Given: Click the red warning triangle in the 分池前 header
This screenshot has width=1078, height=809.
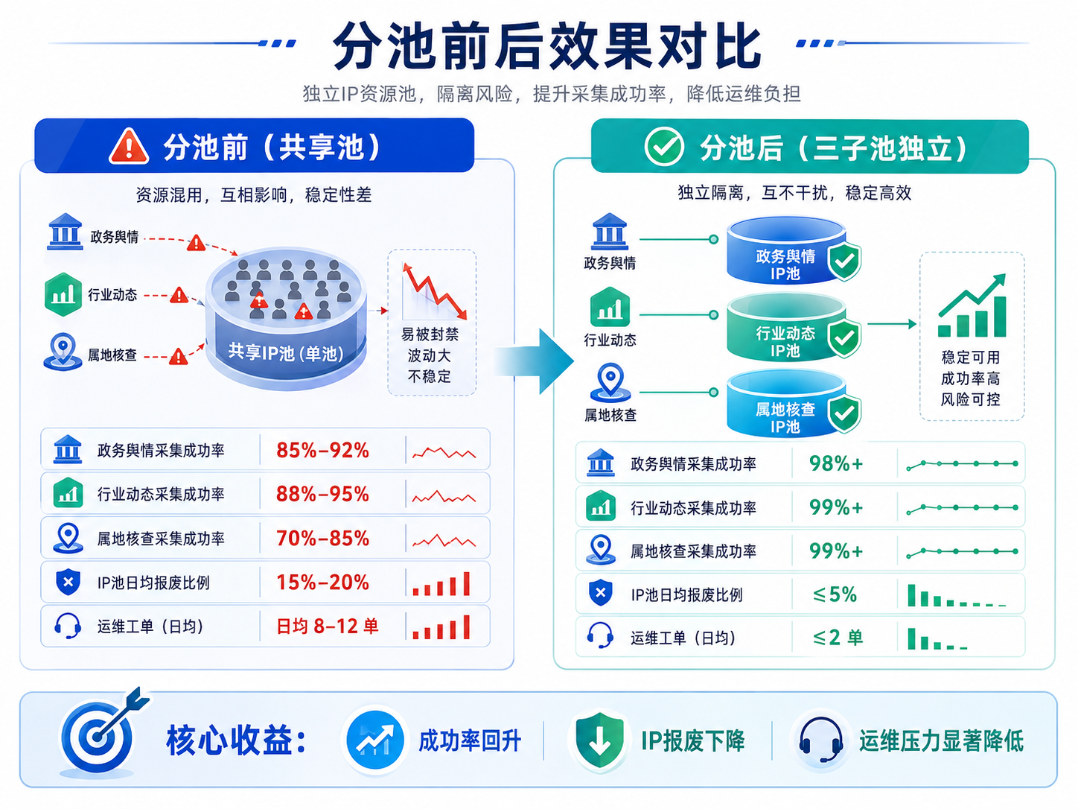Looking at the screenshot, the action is [x=129, y=146].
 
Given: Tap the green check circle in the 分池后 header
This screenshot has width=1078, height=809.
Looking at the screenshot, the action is [x=664, y=146].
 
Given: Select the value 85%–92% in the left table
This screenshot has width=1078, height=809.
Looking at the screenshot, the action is [x=322, y=450].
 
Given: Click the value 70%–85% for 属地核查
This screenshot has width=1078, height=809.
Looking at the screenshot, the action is [x=322, y=539].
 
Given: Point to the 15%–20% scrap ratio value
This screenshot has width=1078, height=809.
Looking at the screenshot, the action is [x=322, y=583].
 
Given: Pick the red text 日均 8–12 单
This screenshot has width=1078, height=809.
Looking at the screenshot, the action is [x=328, y=626].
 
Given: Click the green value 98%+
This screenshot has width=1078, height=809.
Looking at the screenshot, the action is [x=836, y=463].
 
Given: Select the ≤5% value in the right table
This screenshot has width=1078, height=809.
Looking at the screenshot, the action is [x=835, y=594].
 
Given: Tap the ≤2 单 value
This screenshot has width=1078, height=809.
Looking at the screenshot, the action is [x=838, y=638].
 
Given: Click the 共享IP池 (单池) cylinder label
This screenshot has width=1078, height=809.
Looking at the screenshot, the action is [x=286, y=352].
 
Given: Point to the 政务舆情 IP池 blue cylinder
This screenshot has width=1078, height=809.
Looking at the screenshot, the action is [x=786, y=250].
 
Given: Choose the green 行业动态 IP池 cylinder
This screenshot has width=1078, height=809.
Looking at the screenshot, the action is [x=786, y=327].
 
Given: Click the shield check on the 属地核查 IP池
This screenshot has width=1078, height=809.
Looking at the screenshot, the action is [x=844, y=413].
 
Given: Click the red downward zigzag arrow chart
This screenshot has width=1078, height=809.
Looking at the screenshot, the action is [x=434, y=291].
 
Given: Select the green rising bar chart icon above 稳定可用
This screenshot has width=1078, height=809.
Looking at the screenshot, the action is [x=972, y=305].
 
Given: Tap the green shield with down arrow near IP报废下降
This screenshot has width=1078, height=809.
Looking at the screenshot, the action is [x=599, y=740].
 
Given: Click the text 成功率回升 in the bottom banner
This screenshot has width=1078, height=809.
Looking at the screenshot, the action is [x=470, y=740].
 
